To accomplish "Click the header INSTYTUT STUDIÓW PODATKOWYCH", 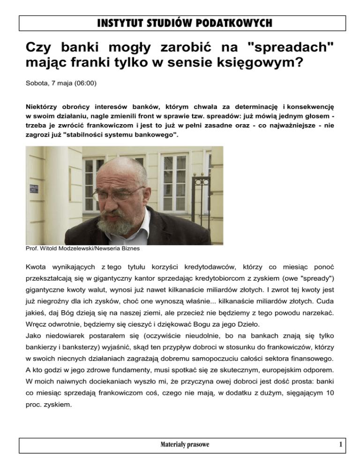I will [x=180, y=23].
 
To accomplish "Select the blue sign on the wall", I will [x=33, y=188].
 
